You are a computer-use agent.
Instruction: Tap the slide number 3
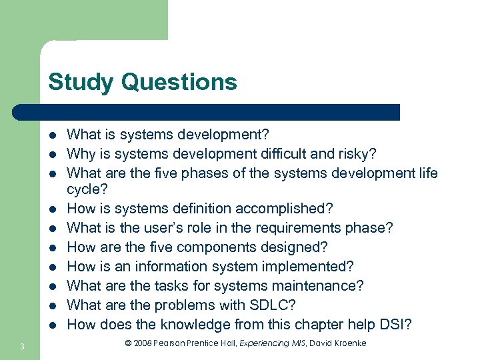pyautogui.click(x=22, y=346)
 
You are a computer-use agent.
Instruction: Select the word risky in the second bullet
pyautogui.click(x=359, y=154)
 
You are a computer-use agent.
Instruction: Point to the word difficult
pyautogui.click(x=281, y=154)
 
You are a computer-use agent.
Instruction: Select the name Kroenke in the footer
pyautogui.click(x=346, y=343)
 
